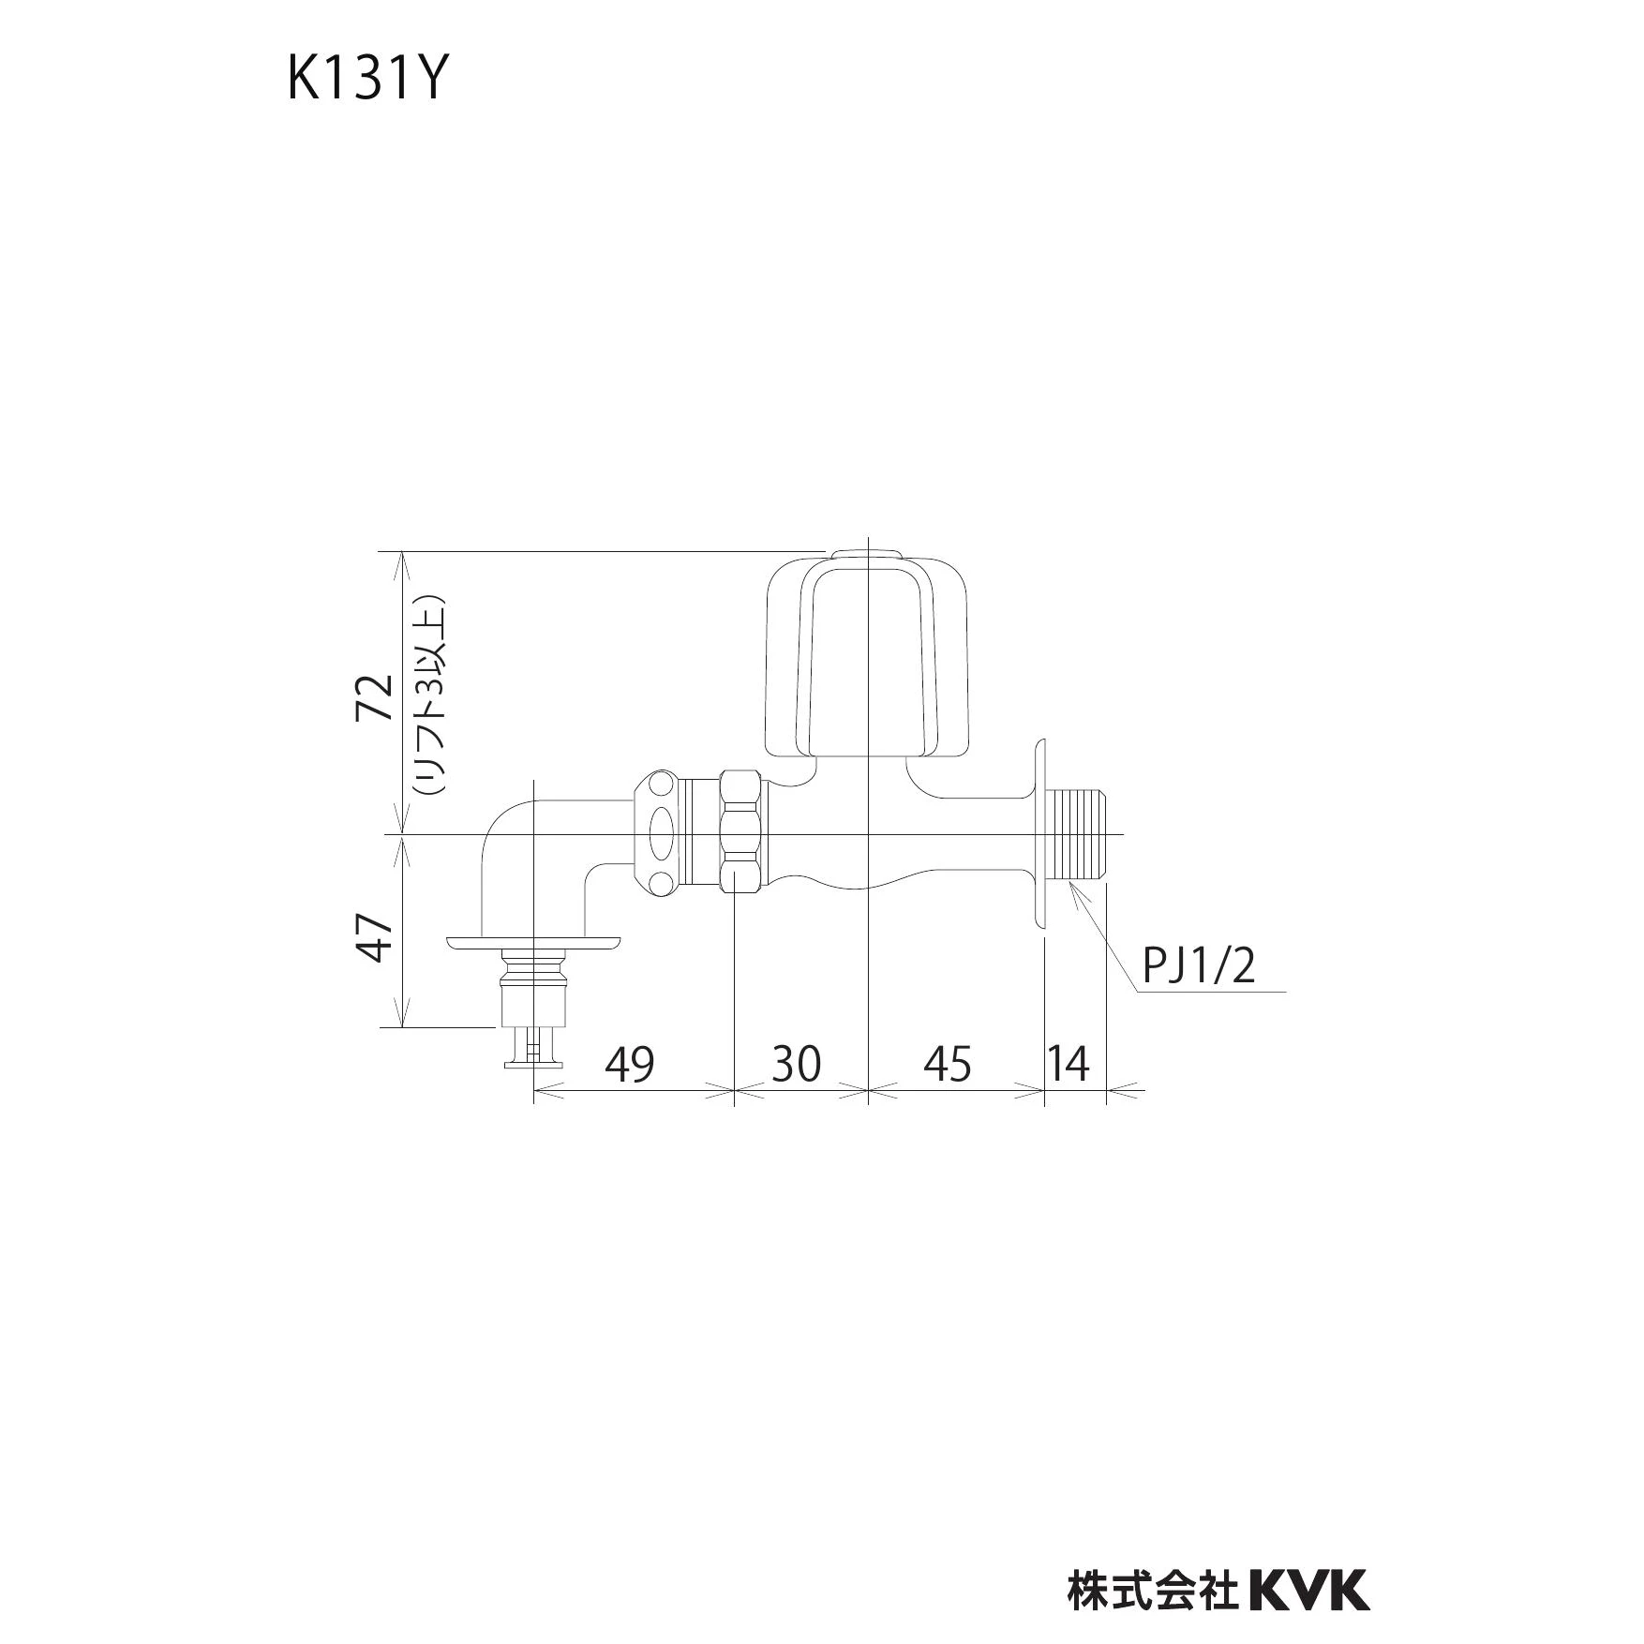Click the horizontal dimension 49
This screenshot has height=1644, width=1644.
click(629, 1065)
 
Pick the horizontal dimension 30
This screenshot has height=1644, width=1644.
click(796, 1065)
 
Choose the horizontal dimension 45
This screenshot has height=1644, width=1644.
click(949, 1065)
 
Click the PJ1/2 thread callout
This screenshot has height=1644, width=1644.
click(1197, 965)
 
